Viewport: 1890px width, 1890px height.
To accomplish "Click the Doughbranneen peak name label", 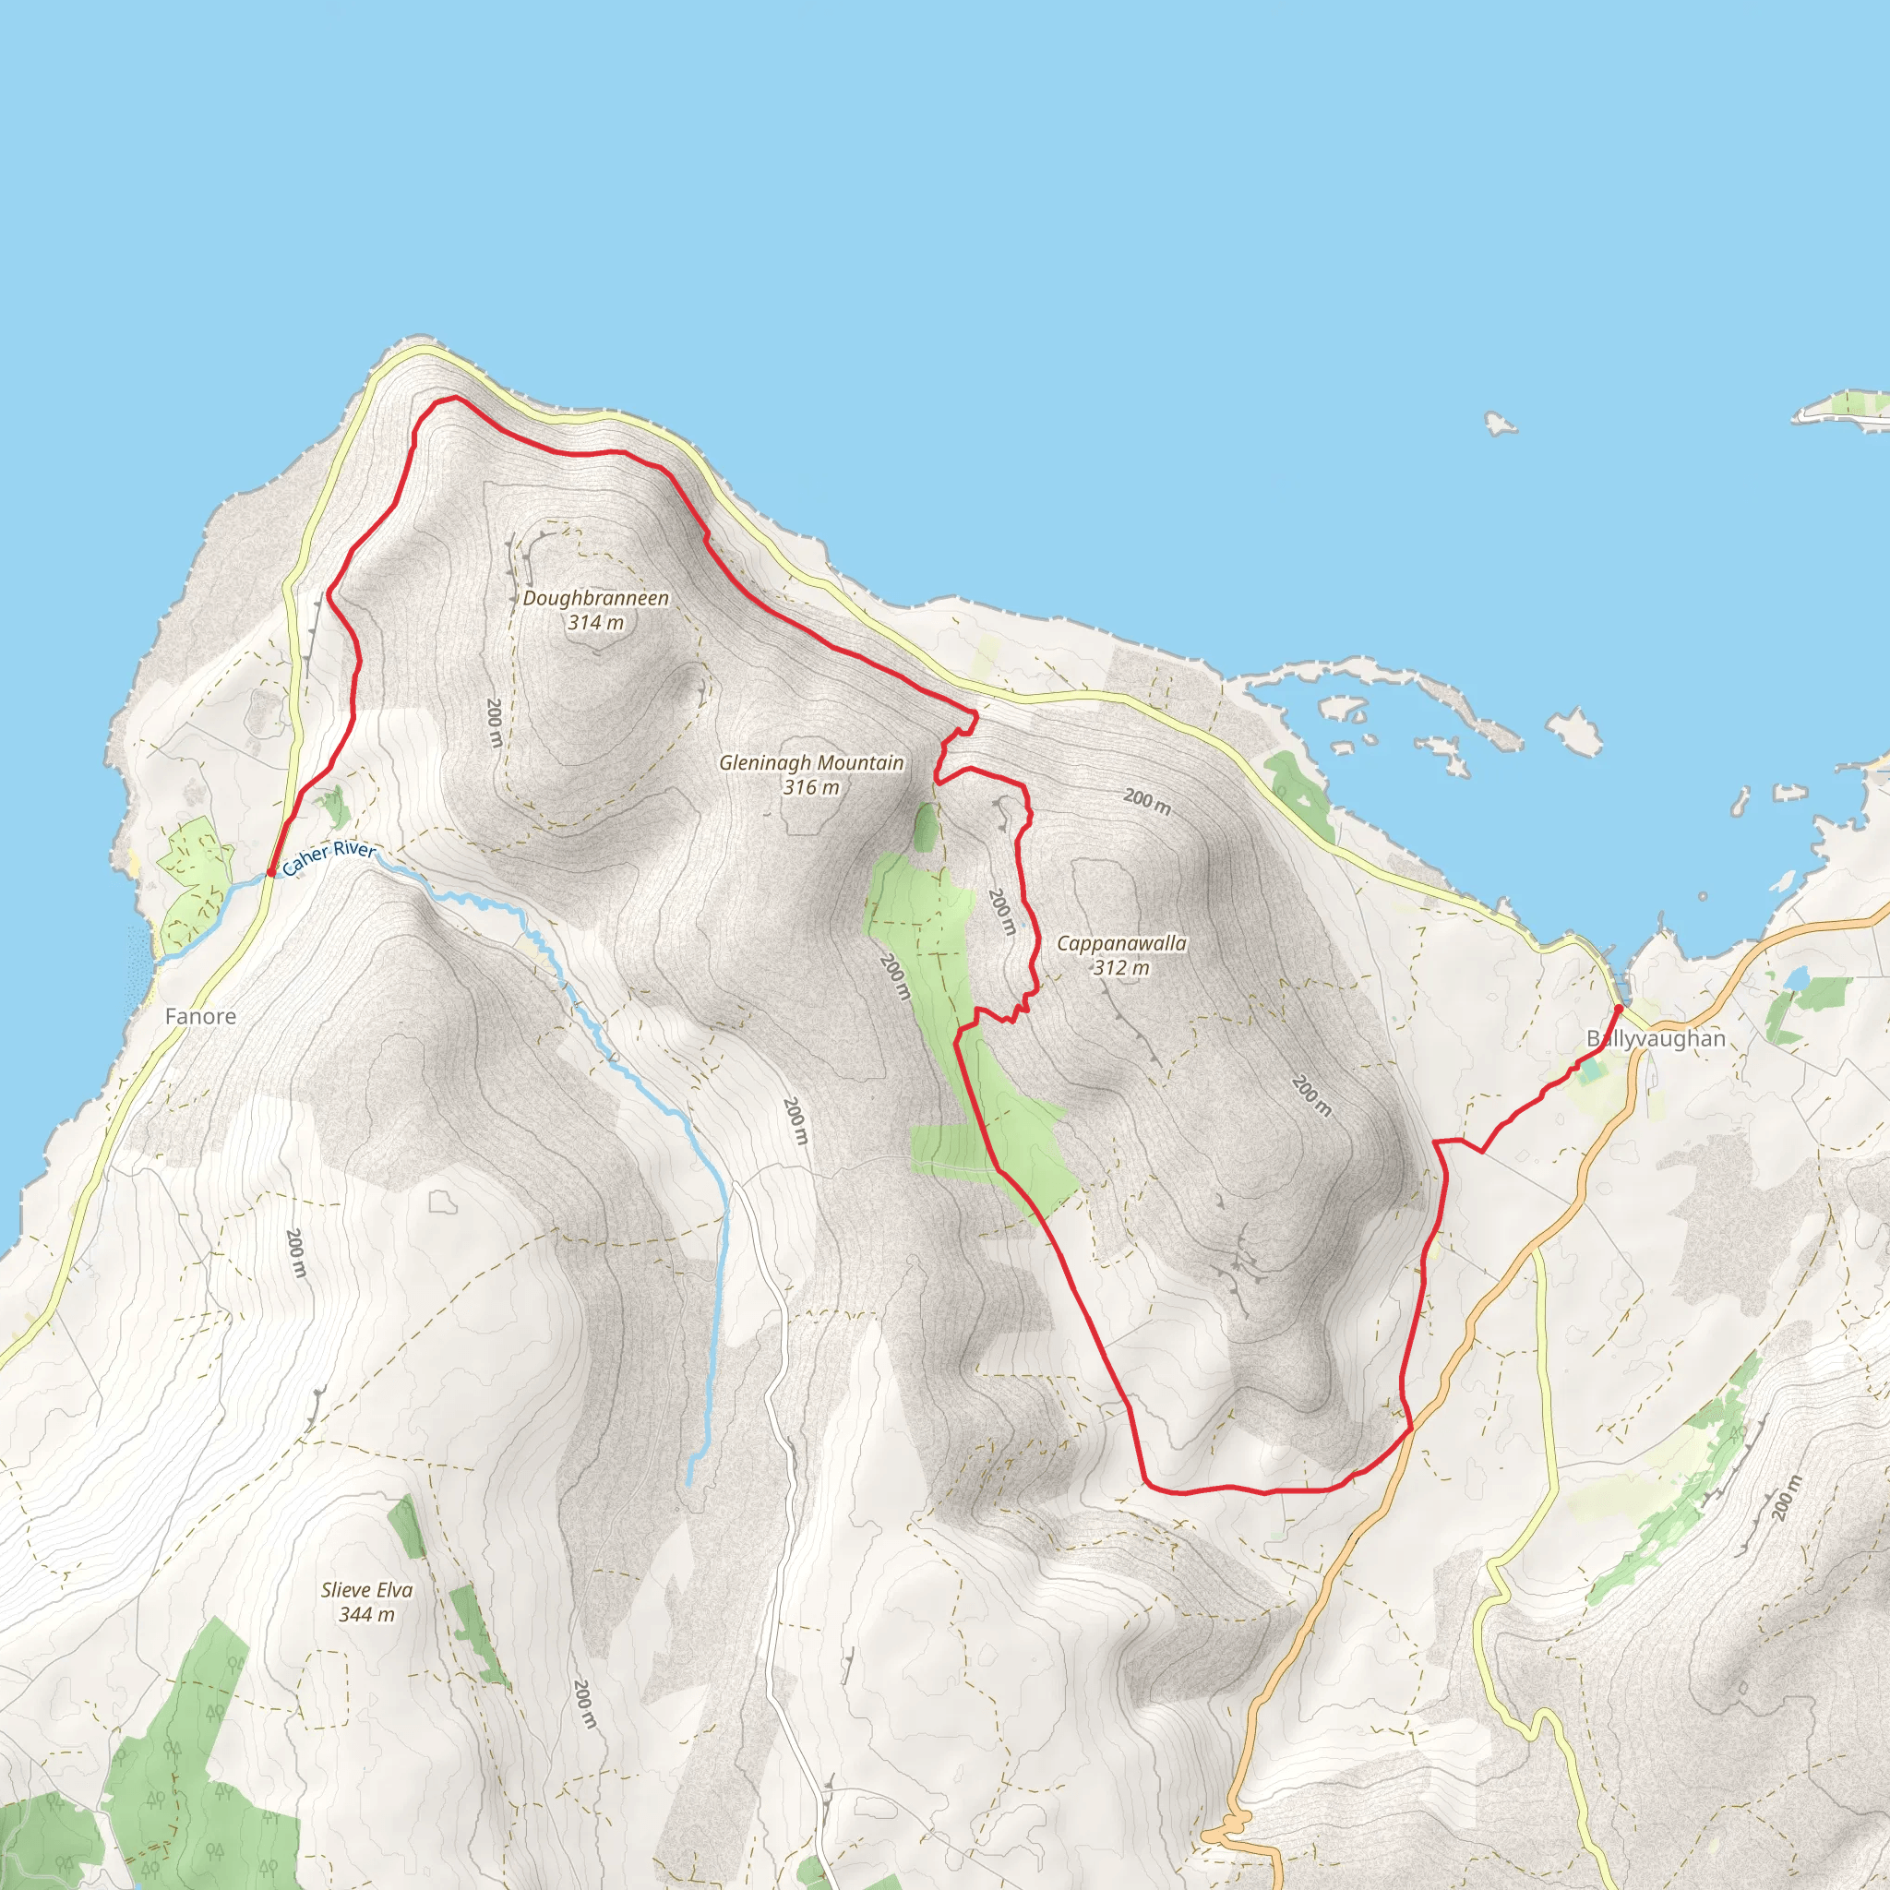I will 596,598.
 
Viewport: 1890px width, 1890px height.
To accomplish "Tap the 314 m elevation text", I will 596,622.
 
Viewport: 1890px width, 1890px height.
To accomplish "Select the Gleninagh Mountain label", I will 811,762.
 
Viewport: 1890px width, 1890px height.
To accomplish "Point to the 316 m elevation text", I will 811,786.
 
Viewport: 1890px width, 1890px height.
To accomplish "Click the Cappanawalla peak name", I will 1121,943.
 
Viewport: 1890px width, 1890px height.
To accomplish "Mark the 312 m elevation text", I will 1121,967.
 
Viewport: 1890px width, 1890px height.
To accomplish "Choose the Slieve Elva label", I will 367,1590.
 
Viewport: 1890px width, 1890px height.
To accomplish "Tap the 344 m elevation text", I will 367,1614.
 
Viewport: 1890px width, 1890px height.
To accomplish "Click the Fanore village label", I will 200,1016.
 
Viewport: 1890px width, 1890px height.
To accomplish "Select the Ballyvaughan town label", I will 1656,1038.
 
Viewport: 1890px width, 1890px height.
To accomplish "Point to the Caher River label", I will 328,858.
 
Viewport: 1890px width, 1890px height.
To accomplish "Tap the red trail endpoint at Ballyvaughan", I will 1618,1008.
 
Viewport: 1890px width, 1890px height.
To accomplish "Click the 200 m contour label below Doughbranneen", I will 495,722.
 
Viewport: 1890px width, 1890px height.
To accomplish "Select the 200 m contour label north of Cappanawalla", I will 1146,801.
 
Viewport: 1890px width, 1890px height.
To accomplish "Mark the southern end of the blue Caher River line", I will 689,1484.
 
